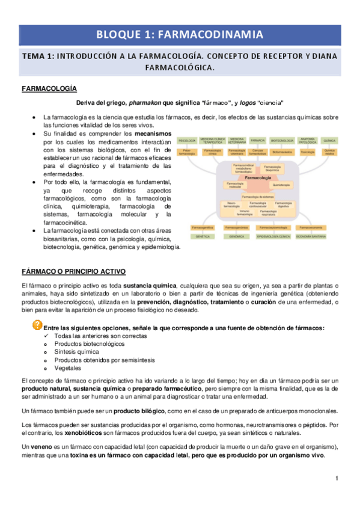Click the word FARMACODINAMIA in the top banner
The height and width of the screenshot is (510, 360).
(218, 34)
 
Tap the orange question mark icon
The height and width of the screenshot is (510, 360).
(37, 326)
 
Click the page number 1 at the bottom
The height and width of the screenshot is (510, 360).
(337, 478)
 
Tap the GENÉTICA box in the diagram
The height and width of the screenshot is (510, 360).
(203, 238)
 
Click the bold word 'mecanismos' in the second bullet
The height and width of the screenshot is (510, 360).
(153, 133)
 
